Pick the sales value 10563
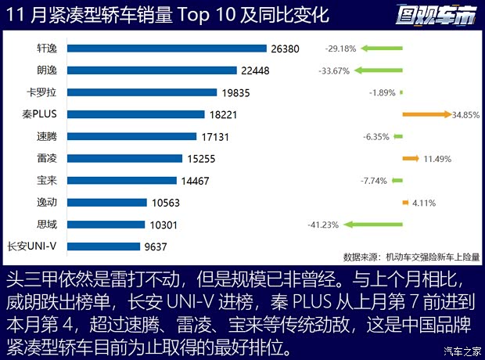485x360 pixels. click(166, 202)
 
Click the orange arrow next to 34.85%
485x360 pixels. click(426, 114)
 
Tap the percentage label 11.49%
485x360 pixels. click(439, 159)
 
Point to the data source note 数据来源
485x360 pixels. click(411, 256)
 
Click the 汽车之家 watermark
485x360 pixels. click(462, 350)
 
